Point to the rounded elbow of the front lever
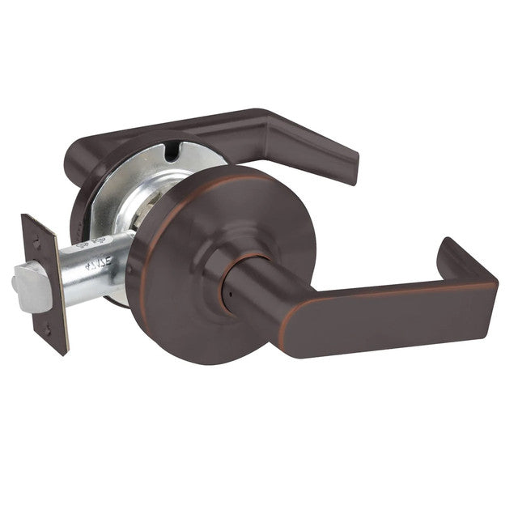[275, 312]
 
